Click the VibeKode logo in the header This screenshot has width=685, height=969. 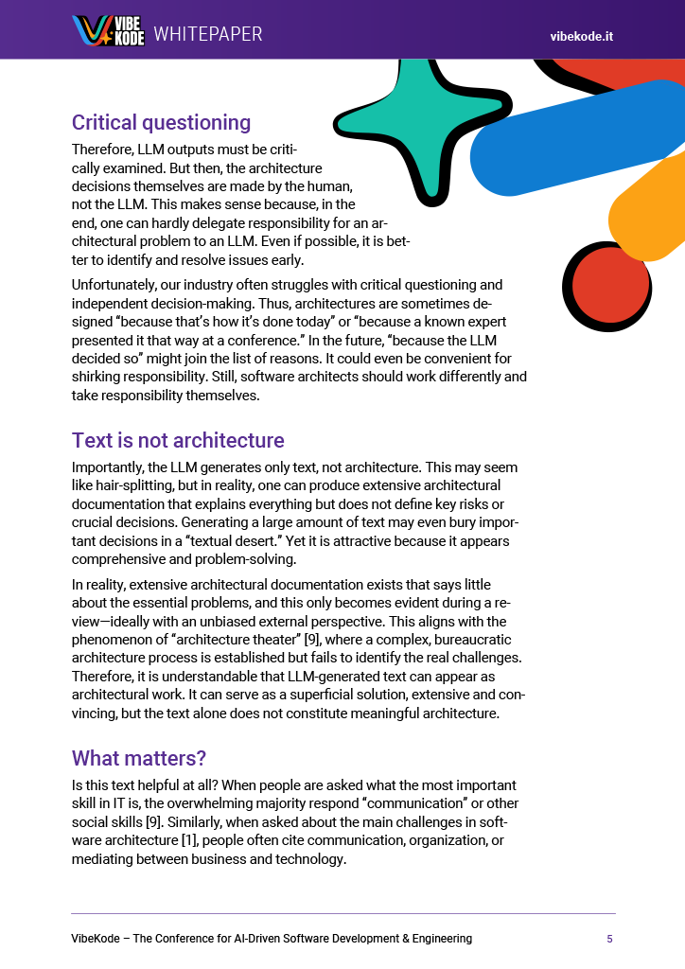coord(108,31)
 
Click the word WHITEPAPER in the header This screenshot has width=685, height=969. coord(208,34)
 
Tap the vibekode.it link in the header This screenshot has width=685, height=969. coord(582,36)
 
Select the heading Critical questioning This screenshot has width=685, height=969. coord(161,123)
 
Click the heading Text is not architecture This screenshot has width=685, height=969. coord(178,440)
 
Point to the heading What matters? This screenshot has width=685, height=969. coord(139,758)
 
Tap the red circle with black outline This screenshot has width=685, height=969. coord(609,286)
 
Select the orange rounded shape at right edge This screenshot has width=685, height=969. coord(653,218)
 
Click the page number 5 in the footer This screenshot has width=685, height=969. coord(609,939)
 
